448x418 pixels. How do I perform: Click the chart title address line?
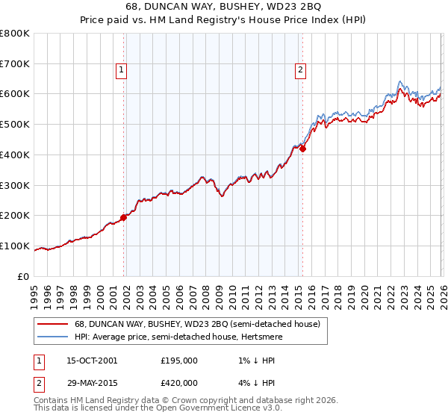tap(224, 8)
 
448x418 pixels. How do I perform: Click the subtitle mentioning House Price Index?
tap(224, 21)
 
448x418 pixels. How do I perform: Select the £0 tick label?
tap(23, 276)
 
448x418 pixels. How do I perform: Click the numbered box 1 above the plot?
tap(120, 71)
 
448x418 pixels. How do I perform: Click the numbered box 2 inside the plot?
tap(299, 71)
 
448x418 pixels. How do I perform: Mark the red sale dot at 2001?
tap(124, 217)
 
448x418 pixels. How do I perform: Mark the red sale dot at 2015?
tap(303, 149)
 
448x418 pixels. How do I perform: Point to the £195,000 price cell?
tap(179, 361)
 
